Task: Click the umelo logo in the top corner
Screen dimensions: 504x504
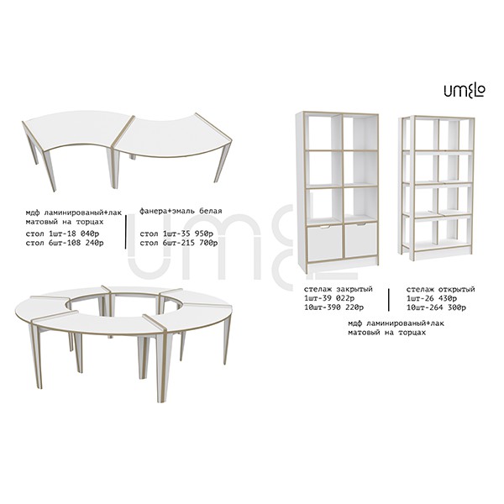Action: pos(465,91)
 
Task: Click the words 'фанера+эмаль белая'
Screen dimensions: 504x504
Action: pos(181,211)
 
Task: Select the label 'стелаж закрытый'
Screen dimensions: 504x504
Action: pos(339,289)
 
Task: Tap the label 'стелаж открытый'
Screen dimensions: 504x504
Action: pos(440,289)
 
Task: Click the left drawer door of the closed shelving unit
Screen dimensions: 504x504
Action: pos(324,242)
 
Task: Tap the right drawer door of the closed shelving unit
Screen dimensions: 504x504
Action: pos(360,239)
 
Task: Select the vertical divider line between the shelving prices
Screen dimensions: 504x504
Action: pos(389,300)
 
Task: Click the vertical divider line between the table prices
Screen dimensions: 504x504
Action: pos(126,232)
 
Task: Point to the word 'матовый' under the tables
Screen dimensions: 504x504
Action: pos(42,222)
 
